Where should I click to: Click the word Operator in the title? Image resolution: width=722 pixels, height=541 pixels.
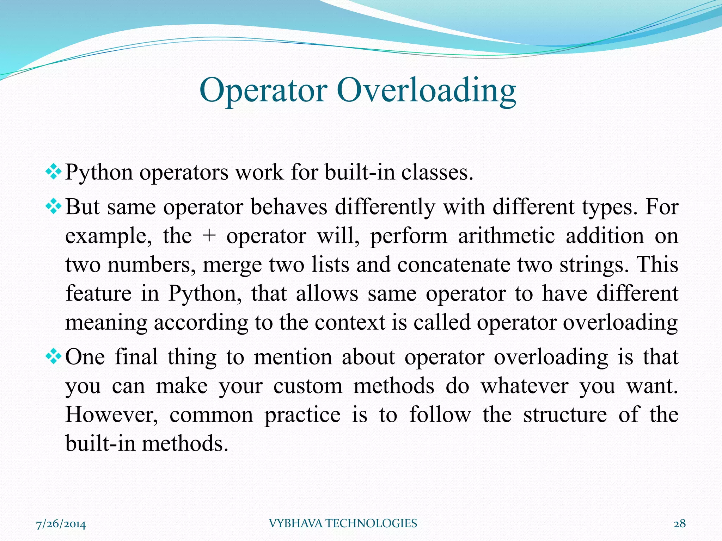click(x=263, y=91)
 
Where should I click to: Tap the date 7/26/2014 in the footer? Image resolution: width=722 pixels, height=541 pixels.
click(x=61, y=524)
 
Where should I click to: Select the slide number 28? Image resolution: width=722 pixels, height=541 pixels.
click(x=680, y=524)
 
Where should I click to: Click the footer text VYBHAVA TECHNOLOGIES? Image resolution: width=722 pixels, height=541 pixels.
click(x=343, y=523)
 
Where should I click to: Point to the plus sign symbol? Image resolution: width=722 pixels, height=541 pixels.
click(x=209, y=236)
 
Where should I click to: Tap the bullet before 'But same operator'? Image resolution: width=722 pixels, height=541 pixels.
click(x=54, y=207)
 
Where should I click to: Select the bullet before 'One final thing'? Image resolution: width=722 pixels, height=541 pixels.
click(x=54, y=357)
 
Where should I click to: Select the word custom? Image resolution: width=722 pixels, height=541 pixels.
click(x=308, y=386)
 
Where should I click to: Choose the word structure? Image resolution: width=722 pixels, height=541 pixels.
click(x=565, y=415)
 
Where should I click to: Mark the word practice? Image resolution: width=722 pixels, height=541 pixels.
click(x=302, y=415)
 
